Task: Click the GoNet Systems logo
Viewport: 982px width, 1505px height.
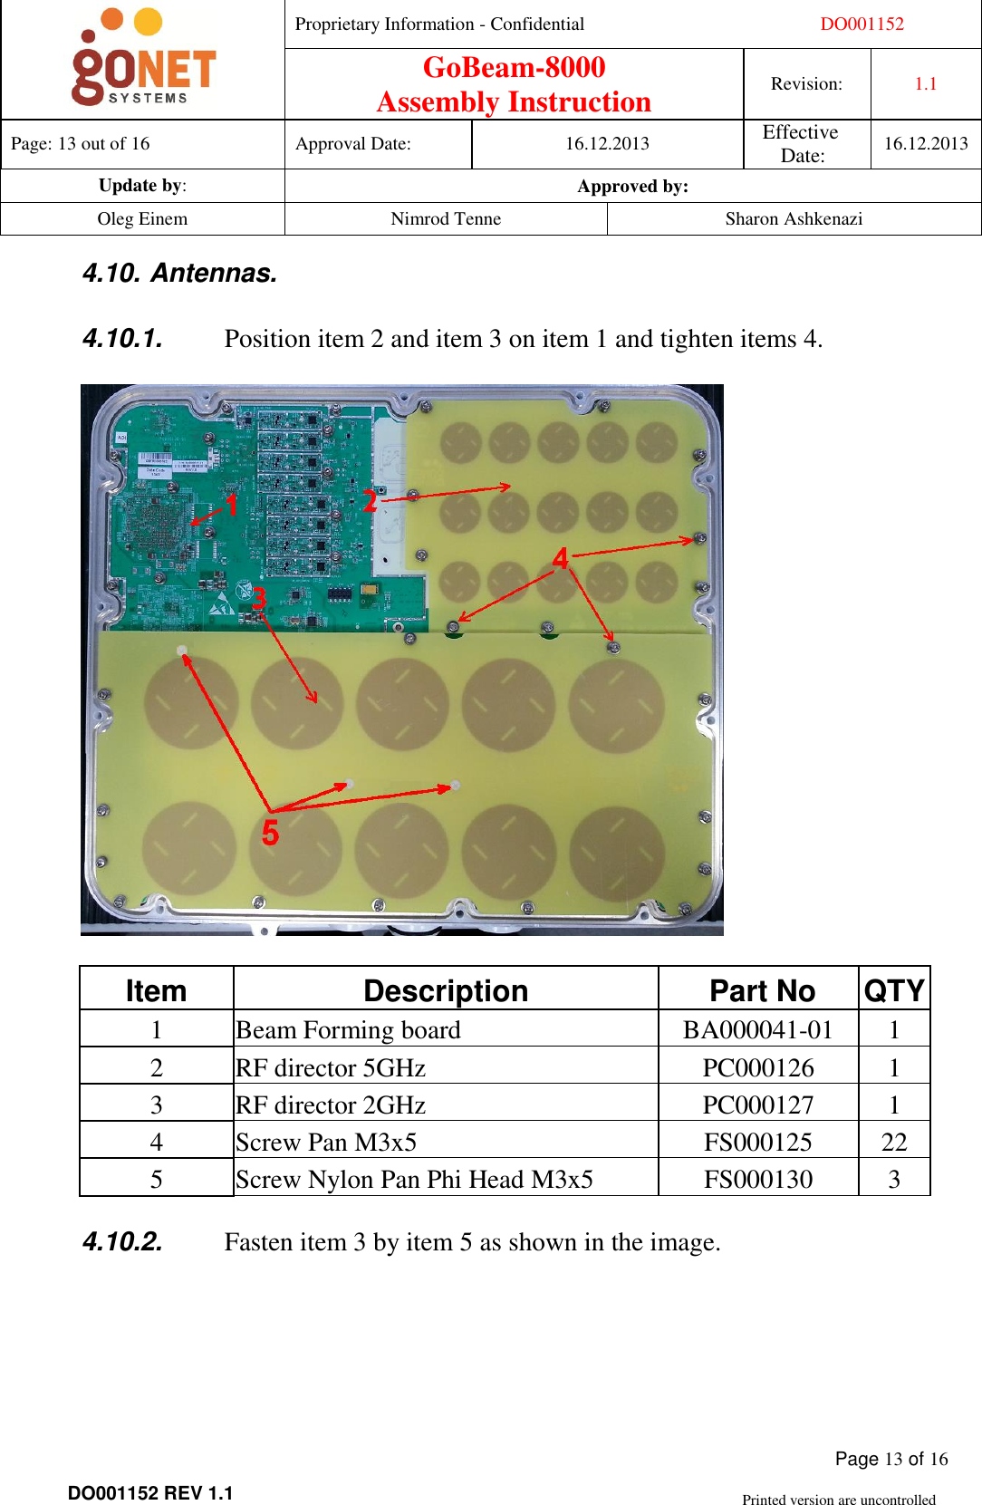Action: [x=143, y=60]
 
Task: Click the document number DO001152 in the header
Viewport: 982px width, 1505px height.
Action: [x=862, y=24]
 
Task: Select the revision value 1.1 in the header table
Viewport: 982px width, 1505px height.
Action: [x=925, y=84]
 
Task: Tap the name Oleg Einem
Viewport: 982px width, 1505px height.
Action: [x=142, y=219]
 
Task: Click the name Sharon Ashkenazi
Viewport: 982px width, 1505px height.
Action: [x=794, y=219]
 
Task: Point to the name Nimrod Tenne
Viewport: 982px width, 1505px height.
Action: [x=446, y=219]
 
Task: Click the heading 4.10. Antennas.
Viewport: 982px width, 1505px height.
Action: [x=179, y=273]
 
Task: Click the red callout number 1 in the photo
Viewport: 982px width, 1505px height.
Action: [x=232, y=505]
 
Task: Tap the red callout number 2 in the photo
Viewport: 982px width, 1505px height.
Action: [x=370, y=501]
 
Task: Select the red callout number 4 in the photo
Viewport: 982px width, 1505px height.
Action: [x=561, y=558]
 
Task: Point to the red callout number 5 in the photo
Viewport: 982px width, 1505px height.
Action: [x=270, y=833]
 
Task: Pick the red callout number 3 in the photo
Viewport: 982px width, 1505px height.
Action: [x=259, y=598]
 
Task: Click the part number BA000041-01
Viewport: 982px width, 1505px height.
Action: [x=757, y=1030]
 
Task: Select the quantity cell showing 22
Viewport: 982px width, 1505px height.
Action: [x=893, y=1142]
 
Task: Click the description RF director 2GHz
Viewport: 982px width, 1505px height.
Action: [x=331, y=1105]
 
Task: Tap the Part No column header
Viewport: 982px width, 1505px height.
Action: [x=762, y=991]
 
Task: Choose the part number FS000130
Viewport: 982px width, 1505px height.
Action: [x=758, y=1180]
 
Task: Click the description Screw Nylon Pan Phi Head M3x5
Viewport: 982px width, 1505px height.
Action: [x=414, y=1180]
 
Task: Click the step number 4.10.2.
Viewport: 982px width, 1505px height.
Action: [x=122, y=1241]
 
